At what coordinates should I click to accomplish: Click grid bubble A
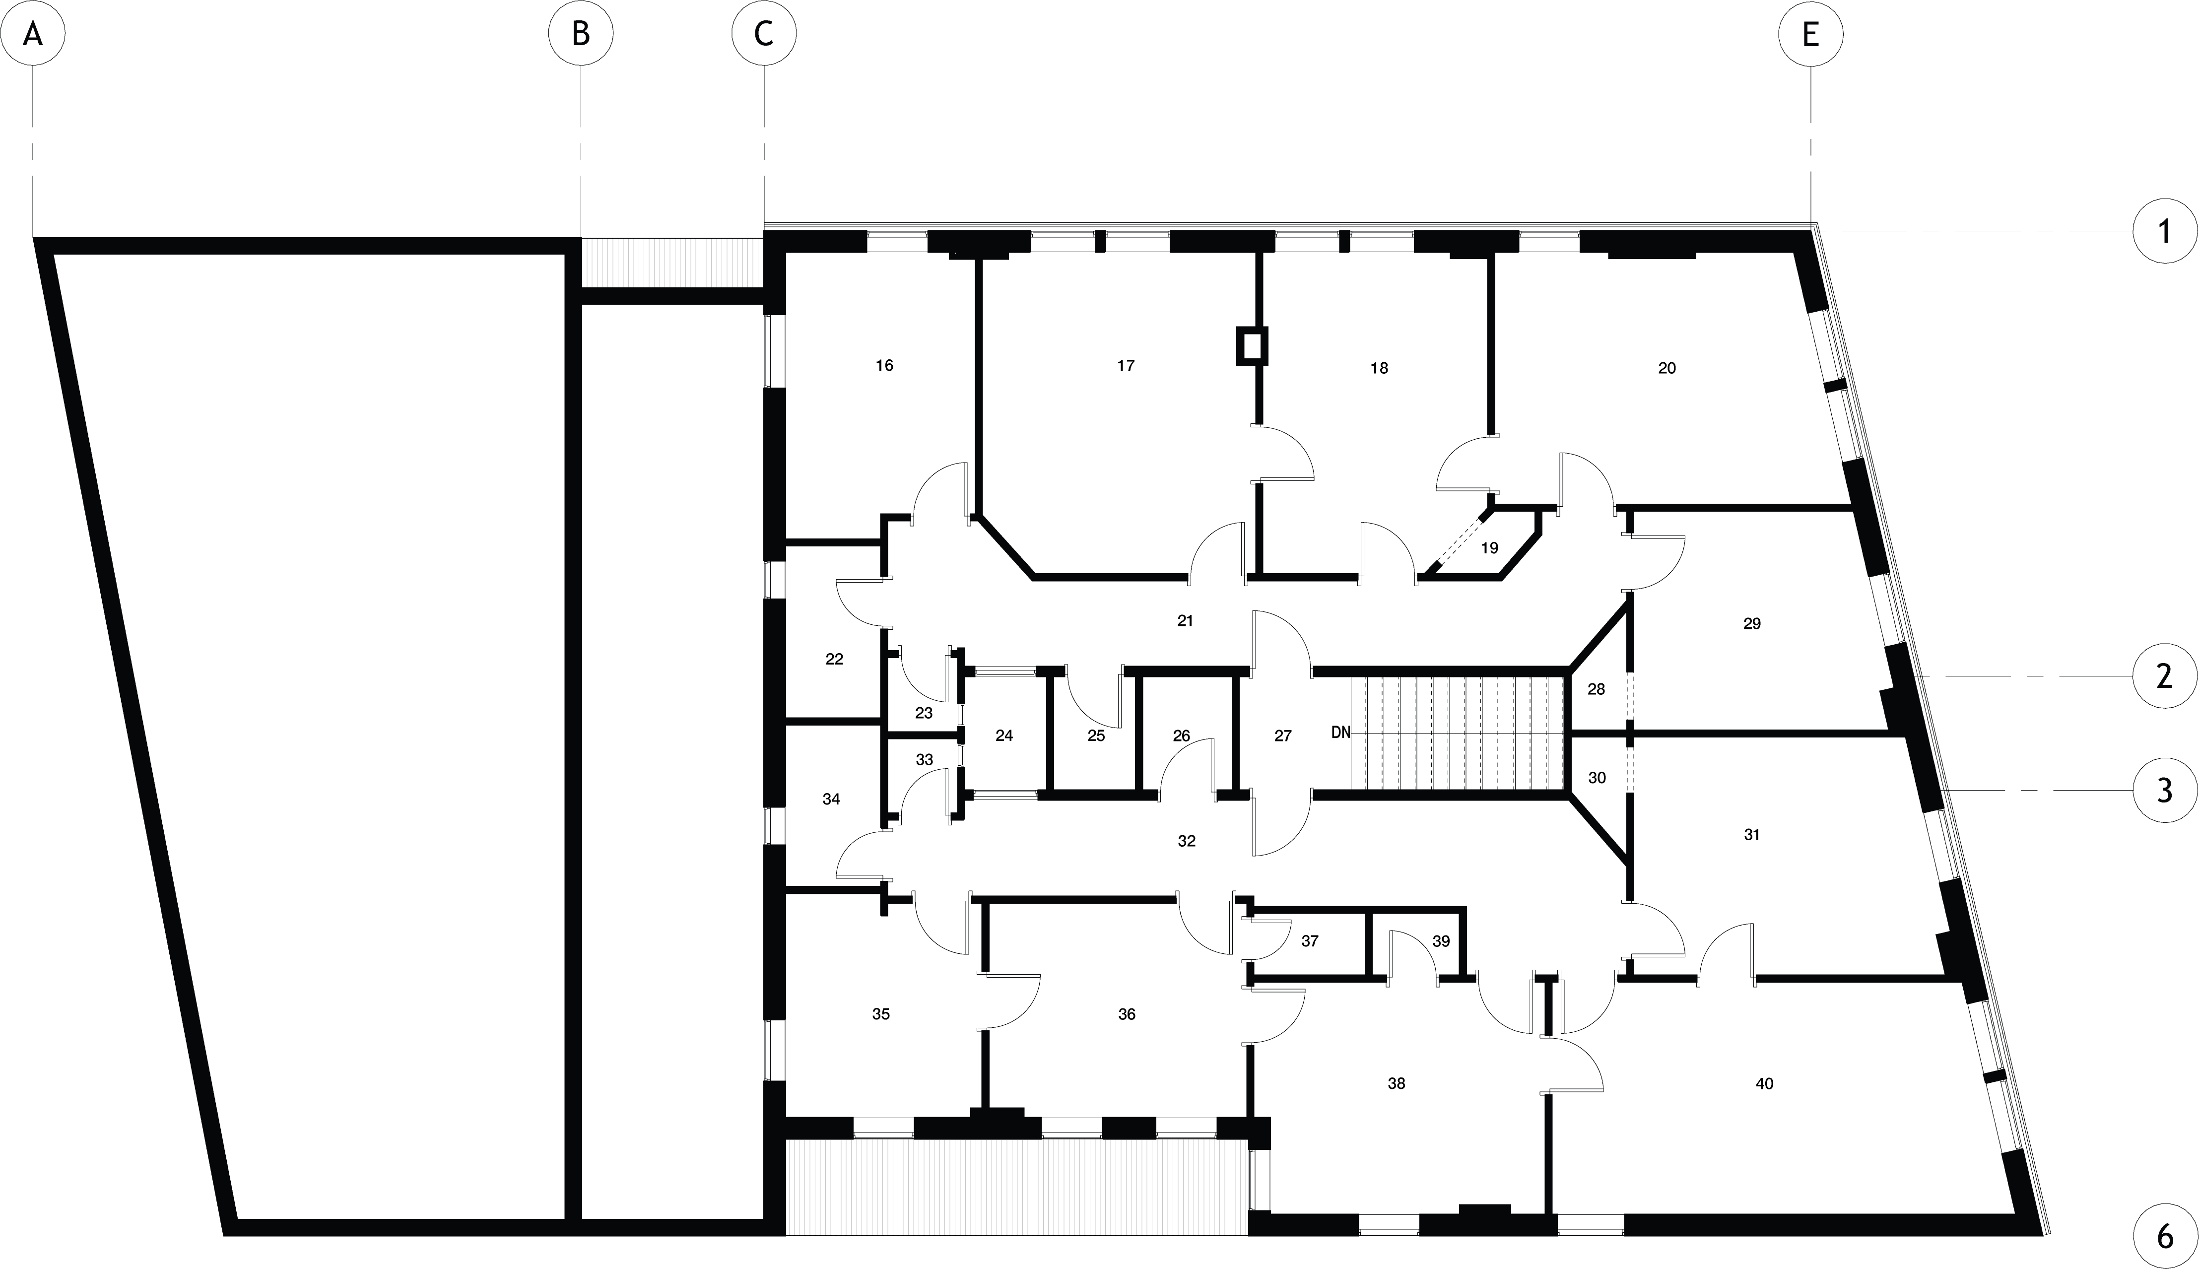point(33,33)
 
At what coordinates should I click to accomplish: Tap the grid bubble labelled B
point(581,33)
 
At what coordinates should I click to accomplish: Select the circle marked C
point(763,33)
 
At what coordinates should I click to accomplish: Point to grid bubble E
point(1810,33)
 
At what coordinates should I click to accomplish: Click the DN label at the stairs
point(1340,733)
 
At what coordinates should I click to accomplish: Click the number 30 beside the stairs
point(1597,778)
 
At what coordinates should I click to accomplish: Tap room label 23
point(924,713)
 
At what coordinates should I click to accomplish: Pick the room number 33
point(925,759)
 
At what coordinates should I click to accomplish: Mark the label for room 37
point(1309,941)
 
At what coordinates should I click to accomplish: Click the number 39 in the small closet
point(1441,941)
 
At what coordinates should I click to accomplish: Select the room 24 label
point(1004,735)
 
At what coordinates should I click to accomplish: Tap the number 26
point(1181,735)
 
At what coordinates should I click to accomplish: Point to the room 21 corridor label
point(1185,620)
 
